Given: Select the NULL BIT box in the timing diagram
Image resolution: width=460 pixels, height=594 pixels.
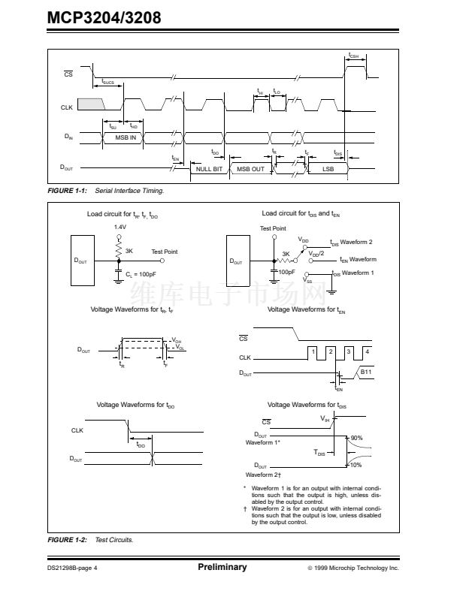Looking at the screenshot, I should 209,169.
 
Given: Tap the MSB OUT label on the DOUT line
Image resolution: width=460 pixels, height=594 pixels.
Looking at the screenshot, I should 250,169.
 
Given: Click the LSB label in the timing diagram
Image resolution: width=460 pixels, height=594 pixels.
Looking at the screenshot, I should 328,169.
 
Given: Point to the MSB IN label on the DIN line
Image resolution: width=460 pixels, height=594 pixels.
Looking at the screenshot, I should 126,137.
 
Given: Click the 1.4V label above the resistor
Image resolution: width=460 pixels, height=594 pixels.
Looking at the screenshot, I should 120,227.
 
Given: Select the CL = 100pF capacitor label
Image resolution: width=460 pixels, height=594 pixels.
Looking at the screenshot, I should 141,275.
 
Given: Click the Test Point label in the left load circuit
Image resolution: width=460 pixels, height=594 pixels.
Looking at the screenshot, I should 165,252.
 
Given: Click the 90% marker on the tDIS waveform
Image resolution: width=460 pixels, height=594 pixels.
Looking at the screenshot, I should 356,438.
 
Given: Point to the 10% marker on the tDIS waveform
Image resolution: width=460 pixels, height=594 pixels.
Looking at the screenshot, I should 356,465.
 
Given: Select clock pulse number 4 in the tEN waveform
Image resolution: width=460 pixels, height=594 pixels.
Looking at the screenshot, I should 366,351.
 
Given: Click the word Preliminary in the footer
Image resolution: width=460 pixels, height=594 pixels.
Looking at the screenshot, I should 222,567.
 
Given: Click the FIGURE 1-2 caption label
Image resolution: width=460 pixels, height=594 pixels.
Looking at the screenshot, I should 68,540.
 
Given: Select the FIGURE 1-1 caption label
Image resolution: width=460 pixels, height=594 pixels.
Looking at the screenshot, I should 68,191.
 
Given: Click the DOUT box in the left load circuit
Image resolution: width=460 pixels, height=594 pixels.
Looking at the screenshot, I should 81,261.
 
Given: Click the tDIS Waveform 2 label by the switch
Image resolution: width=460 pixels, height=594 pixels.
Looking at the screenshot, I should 352,242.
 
